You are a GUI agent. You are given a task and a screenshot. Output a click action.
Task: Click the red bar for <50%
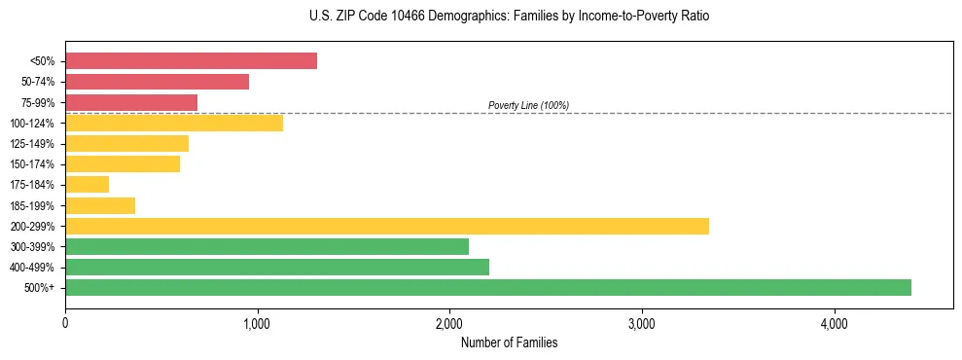coord(191,61)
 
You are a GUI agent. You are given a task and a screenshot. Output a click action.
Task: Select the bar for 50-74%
coord(157,82)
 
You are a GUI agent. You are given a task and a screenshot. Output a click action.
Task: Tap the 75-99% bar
coord(131,102)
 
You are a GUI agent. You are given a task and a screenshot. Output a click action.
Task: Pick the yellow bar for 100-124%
coord(174,123)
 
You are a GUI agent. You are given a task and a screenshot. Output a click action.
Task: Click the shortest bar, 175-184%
coord(87,185)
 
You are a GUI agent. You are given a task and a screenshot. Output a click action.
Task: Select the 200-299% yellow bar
coord(387,226)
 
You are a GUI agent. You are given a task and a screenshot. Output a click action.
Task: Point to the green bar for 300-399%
coord(267,246)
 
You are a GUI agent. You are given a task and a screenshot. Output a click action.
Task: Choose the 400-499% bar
coord(277,267)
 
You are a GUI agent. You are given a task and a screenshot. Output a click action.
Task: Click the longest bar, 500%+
coord(488,287)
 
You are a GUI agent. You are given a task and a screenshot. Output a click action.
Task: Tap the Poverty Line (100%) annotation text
coord(528,105)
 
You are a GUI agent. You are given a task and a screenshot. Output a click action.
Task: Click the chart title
coord(502,17)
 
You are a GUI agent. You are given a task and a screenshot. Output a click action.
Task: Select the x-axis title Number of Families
coord(509,343)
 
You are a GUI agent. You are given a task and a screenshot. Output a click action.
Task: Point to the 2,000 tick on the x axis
coord(449,323)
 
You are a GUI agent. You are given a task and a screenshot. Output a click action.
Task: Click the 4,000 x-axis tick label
coord(834,323)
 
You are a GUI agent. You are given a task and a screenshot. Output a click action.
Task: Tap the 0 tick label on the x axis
coord(65,323)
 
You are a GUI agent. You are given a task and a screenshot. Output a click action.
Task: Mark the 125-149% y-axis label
coord(32,144)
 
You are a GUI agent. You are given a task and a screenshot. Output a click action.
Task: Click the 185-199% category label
coord(32,205)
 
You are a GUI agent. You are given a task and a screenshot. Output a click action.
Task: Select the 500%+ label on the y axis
coord(39,288)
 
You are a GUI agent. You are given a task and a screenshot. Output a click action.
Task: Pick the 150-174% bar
coord(123,163)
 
